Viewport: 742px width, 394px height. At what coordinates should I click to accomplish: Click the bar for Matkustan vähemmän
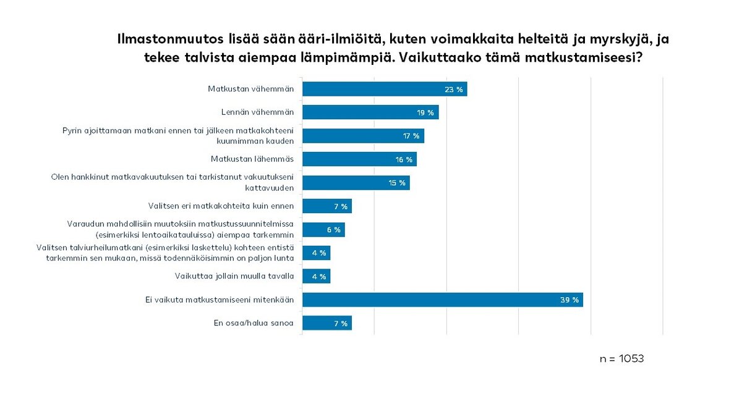click(383, 89)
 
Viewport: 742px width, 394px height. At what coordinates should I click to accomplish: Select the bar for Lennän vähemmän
click(370, 112)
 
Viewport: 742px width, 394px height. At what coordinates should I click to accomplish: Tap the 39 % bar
click(442, 300)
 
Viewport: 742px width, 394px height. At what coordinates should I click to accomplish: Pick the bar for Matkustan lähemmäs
click(359, 159)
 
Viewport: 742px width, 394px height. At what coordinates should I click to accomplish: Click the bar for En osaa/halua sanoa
click(326, 323)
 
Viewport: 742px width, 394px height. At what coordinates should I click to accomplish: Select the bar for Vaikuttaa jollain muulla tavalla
click(316, 277)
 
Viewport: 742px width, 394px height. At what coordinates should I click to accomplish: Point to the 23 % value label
click(453, 90)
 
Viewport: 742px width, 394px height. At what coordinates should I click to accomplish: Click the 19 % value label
click(425, 113)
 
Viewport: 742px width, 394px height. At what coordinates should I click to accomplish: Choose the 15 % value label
click(396, 183)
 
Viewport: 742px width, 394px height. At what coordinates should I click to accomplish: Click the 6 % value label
click(333, 230)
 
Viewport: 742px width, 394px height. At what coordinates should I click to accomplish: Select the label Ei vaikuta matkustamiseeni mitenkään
click(215, 300)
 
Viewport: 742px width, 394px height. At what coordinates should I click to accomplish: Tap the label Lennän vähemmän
click(257, 112)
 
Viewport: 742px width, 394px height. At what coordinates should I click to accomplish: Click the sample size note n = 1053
click(621, 359)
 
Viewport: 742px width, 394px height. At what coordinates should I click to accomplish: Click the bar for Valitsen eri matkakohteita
click(326, 206)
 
